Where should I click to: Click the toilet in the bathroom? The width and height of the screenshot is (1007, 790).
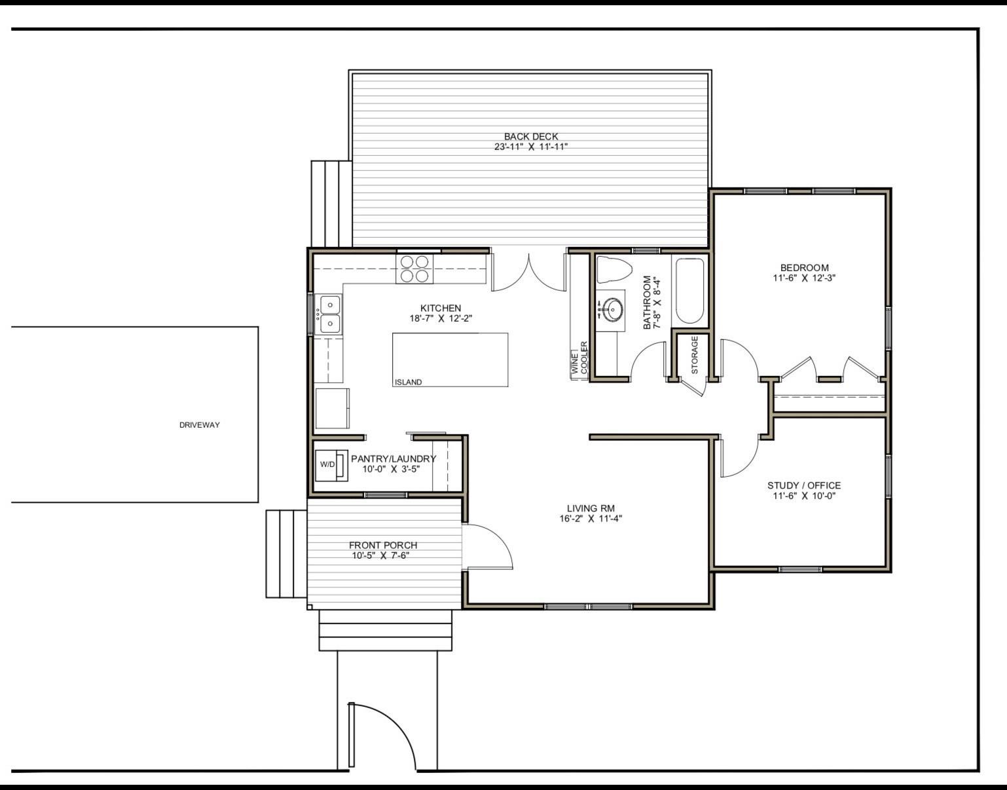tap(614, 269)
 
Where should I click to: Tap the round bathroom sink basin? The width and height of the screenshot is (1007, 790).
tap(613, 309)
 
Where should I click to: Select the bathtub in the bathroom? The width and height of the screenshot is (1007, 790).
tap(689, 291)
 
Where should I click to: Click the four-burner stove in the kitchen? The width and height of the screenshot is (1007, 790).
tap(414, 269)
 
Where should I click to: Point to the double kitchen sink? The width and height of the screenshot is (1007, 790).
tap(329, 314)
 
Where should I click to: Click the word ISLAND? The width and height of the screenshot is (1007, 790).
tap(409, 382)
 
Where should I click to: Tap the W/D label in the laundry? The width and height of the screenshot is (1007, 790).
tap(327, 464)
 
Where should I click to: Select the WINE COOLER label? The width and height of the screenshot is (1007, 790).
tap(579, 358)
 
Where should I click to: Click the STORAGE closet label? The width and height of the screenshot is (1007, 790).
tap(694, 355)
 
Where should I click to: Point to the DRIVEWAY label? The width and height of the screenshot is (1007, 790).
tap(200, 424)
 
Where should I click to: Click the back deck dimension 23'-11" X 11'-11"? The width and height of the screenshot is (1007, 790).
tap(531, 147)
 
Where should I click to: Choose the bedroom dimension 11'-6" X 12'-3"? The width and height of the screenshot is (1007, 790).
tap(805, 278)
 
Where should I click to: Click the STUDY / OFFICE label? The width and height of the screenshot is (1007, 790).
tap(804, 485)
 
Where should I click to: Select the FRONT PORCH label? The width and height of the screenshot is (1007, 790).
tap(383, 545)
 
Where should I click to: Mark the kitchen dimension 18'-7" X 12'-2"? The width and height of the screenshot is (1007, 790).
tap(441, 318)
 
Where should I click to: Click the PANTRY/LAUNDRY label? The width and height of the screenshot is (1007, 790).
tap(394, 459)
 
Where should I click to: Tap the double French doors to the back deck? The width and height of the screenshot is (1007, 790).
tap(529, 273)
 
